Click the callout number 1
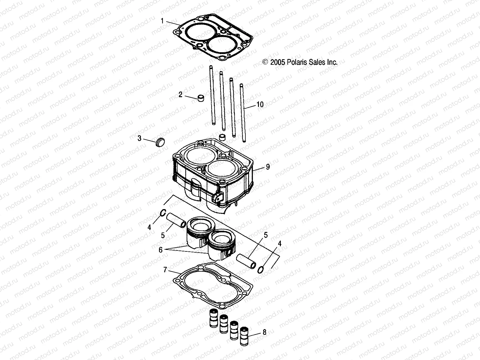[x=162, y=21]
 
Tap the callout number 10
[x=260, y=104]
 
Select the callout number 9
[x=268, y=167]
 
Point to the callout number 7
[x=165, y=270]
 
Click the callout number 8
[x=264, y=332]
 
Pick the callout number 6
[x=160, y=250]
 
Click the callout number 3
[x=139, y=138]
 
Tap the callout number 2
[x=180, y=95]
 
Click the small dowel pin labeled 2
[x=200, y=98]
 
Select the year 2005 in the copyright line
[x=277, y=62]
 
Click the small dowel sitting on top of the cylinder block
[x=222, y=137]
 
